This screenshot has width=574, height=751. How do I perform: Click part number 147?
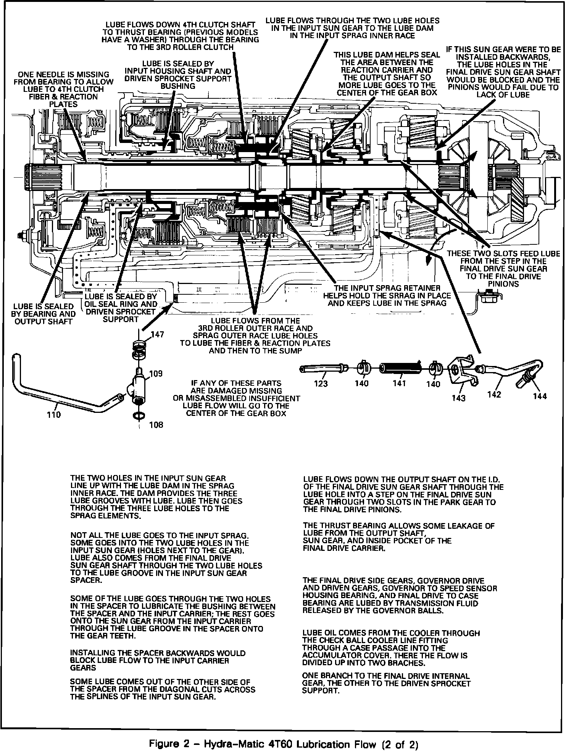point(157,335)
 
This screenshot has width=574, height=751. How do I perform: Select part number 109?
point(156,373)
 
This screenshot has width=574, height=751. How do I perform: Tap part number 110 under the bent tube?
point(53,414)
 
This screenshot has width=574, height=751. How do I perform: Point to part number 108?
point(156,425)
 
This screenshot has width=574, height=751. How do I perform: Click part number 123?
point(321,384)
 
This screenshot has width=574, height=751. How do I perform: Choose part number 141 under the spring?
point(399,384)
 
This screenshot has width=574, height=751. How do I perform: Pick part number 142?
point(494,394)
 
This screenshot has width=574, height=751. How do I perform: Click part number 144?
point(540,396)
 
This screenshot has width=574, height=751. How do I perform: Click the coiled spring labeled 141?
point(400,368)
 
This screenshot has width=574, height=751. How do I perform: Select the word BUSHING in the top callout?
point(178,86)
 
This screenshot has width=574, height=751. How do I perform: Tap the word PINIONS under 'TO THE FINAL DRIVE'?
point(503,284)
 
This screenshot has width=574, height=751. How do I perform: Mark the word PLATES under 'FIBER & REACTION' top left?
point(63,104)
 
